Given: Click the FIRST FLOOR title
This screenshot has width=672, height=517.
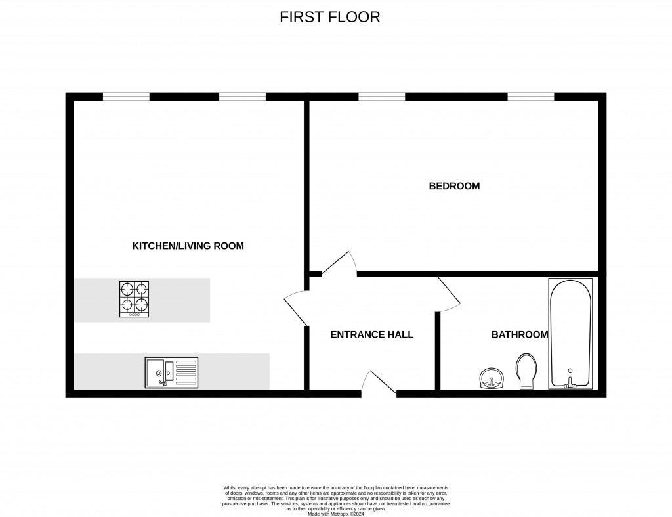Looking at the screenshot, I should pos(330,17).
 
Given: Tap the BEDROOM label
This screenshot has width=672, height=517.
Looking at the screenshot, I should pos(454,186).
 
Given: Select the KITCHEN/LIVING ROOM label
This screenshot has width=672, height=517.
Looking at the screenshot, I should pos(188,246).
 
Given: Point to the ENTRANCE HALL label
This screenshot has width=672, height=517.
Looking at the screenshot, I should pos(371,334).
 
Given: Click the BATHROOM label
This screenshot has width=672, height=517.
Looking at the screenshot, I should pos(520,334).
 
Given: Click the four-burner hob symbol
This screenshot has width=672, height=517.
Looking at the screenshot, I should pos(134,299).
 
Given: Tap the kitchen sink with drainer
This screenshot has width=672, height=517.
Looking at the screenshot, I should pos(171,372).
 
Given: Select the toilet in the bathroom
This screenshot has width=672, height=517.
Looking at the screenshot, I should pos(526,371).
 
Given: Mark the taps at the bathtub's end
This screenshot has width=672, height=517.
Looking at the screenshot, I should pos(570,383).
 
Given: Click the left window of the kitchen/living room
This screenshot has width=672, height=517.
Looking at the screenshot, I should pos(126,97).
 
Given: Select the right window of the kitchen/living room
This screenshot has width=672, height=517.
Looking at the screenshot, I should pos(242,97).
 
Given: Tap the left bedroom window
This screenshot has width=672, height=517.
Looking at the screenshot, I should pos(381,97).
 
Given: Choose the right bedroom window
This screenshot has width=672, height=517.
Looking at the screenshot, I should pos(530,97).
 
